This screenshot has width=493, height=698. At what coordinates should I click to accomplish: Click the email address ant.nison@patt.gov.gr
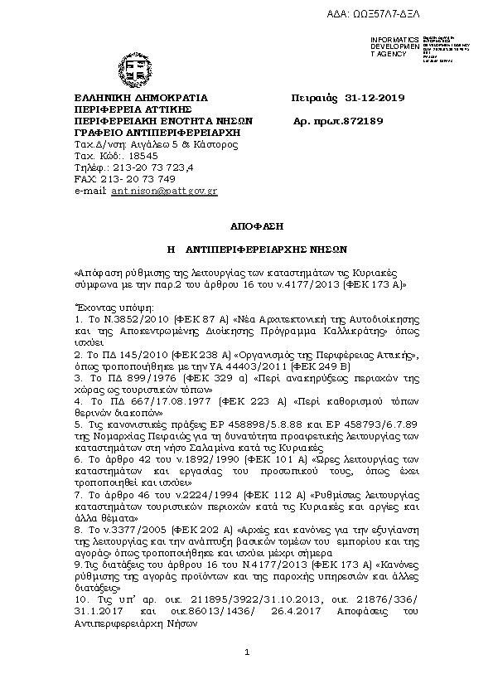point(164,191)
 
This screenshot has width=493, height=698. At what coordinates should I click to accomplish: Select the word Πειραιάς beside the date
point(316,99)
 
